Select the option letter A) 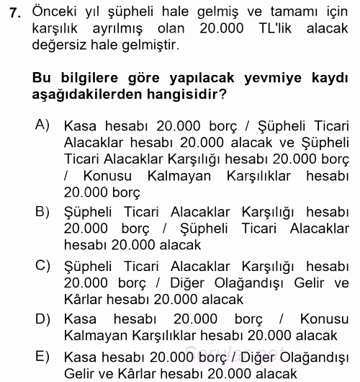tap(42, 125)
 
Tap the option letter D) tap(42, 318)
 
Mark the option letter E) tap(42, 355)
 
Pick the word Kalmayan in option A tap(180, 177)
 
